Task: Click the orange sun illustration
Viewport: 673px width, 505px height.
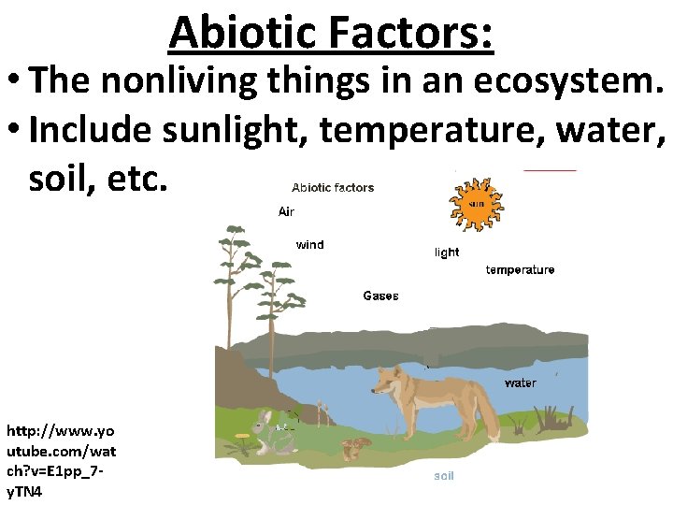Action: (x=477, y=204)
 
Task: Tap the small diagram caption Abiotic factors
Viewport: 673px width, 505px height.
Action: (x=333, y=188)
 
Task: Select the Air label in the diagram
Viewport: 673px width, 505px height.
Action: (x=286, y=212)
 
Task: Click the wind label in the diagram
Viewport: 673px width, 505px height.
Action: (x=309, y=245)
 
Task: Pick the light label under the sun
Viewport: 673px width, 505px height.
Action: (x=447, y=252)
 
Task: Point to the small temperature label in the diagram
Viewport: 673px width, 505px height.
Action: (x=520, y=270)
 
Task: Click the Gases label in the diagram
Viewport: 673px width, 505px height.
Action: (x=380, y=296)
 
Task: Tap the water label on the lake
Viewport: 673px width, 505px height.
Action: (x=520, y=383)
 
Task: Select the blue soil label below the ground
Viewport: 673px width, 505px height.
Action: (x=443, y=477)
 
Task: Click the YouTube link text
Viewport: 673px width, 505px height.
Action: (x=61, y=458)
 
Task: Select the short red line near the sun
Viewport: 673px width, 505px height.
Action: (x=550, y=171)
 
